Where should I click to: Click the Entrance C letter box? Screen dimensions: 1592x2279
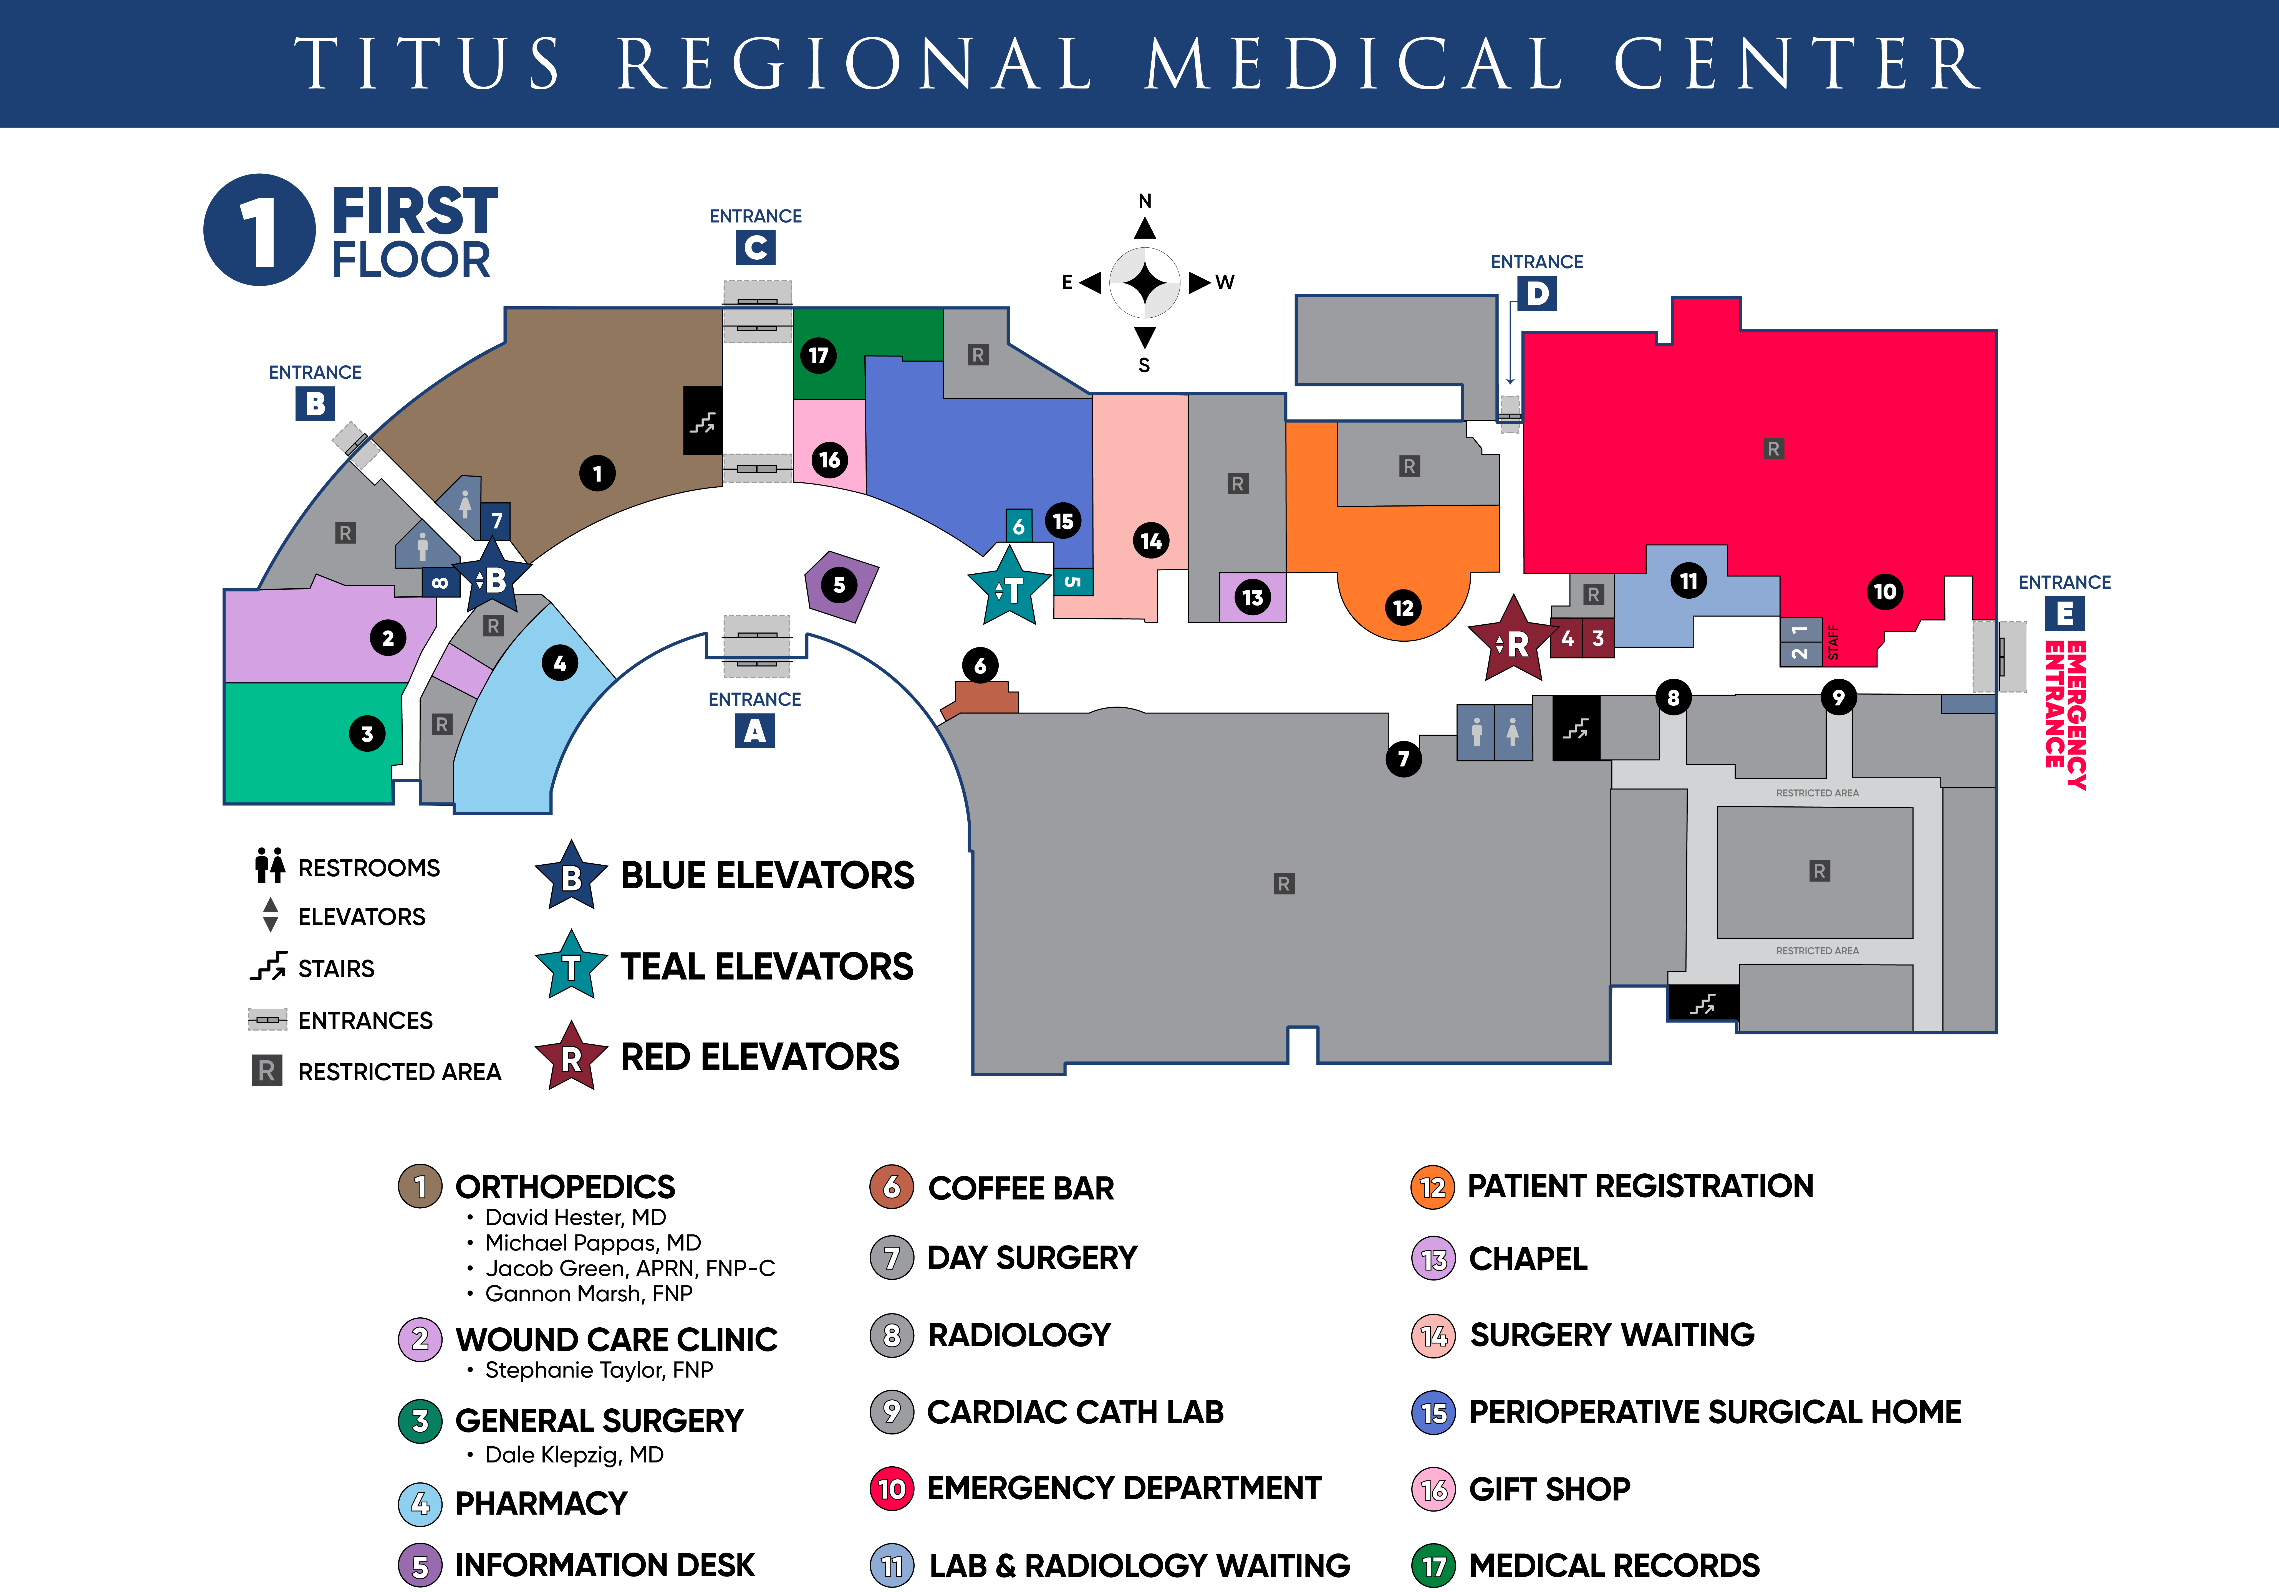click(x=755, y=247)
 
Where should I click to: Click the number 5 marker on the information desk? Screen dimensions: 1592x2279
click(x=839, y=584)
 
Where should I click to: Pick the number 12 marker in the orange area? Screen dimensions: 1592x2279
click(x=1402, y=608)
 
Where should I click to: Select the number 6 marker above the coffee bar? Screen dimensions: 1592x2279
click(x=980, y=665)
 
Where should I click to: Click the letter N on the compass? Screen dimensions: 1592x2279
click(x=1144, y=201)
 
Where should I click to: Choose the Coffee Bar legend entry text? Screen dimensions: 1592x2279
click(x=1020, y=1188)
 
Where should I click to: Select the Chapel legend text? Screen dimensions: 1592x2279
click(x=1528, y=1259)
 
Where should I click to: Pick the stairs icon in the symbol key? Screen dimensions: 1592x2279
click(x=268, y=967)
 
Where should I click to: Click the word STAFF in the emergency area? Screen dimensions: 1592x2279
click(x=1832, y=642)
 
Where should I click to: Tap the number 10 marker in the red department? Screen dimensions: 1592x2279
click(x=1884, y=591)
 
